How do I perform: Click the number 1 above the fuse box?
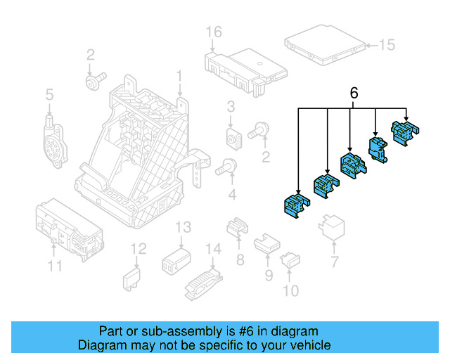click(x=179, y=75)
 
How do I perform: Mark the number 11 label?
click(x=55, y=266)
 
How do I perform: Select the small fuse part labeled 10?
click(x=290, y=262)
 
